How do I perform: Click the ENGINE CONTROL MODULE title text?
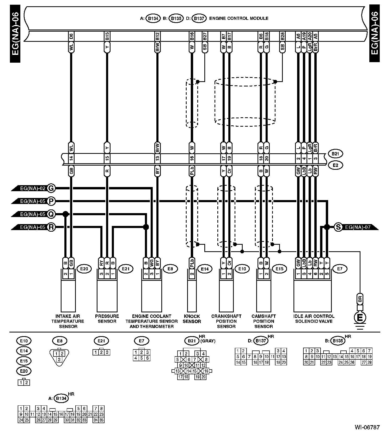tap(238, 18)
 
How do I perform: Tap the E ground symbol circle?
tap(360, 318)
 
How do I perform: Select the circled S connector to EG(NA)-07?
tap(338, 227)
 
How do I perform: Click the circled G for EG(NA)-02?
tap(51, 188)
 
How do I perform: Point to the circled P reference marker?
tap(51, 201)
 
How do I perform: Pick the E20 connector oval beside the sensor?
tap(84, 269)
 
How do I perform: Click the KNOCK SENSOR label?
tap(192, 319)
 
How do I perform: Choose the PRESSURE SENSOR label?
tap(107, 319)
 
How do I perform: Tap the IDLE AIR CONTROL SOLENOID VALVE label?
tap(314, 319)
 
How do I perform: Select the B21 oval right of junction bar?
tap(335, 154)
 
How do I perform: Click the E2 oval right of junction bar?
tap(335, 165)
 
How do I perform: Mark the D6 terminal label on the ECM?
tap(71, 36)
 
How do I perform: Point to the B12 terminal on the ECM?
tap(157, 36)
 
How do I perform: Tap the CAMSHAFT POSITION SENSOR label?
tap(264, 321)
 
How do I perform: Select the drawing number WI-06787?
tap(367, 427)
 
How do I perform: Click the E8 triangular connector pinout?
tap(59, 356)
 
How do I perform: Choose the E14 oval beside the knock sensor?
tap(205, 269)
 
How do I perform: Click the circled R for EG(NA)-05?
tap(51, 227)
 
